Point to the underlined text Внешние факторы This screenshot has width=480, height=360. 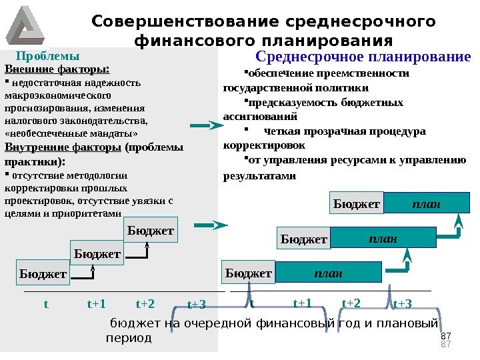tap(57, 69)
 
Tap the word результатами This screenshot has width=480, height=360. tap(259, 176)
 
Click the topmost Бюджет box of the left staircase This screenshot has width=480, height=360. tap(151, 230)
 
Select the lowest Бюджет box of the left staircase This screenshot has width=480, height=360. tap(43, 274)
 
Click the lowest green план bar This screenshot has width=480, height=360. tap(328, 273)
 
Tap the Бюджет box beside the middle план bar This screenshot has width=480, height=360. tap(304, 238)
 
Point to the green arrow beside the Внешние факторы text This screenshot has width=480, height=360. tap(202, 125)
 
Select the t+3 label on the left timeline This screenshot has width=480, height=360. tap(196, 305)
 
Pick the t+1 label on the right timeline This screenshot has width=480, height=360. tap(303, 303)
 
